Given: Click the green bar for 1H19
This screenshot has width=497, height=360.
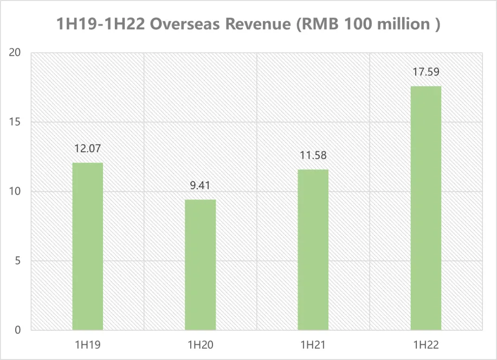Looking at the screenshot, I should [87, 246].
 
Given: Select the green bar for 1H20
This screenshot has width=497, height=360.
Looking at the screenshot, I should [200, 265].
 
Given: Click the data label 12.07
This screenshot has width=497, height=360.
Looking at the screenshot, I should [87, 148].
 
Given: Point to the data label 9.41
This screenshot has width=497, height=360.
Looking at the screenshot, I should [200, 185].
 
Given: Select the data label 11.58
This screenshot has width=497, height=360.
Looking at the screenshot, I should [313, 155].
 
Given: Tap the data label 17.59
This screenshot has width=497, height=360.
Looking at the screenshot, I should [425, 72].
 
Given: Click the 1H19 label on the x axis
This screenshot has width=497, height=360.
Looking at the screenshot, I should [87, 345].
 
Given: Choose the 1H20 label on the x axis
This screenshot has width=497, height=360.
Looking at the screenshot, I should [200, 345].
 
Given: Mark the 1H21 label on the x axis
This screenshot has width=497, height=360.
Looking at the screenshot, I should [313, 345].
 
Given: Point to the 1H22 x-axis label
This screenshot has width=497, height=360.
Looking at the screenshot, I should [425, 345].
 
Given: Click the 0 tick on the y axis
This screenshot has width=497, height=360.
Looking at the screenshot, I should [18, 330].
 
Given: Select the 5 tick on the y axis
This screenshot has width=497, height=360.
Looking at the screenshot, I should [18, 261].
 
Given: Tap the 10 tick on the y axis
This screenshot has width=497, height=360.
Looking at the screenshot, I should [16, 191].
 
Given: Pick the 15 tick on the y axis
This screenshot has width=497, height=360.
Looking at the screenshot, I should [16, 122].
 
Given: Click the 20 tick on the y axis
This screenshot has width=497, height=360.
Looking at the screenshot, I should [16, 53].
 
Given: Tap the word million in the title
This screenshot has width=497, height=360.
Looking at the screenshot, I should [405, 25].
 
